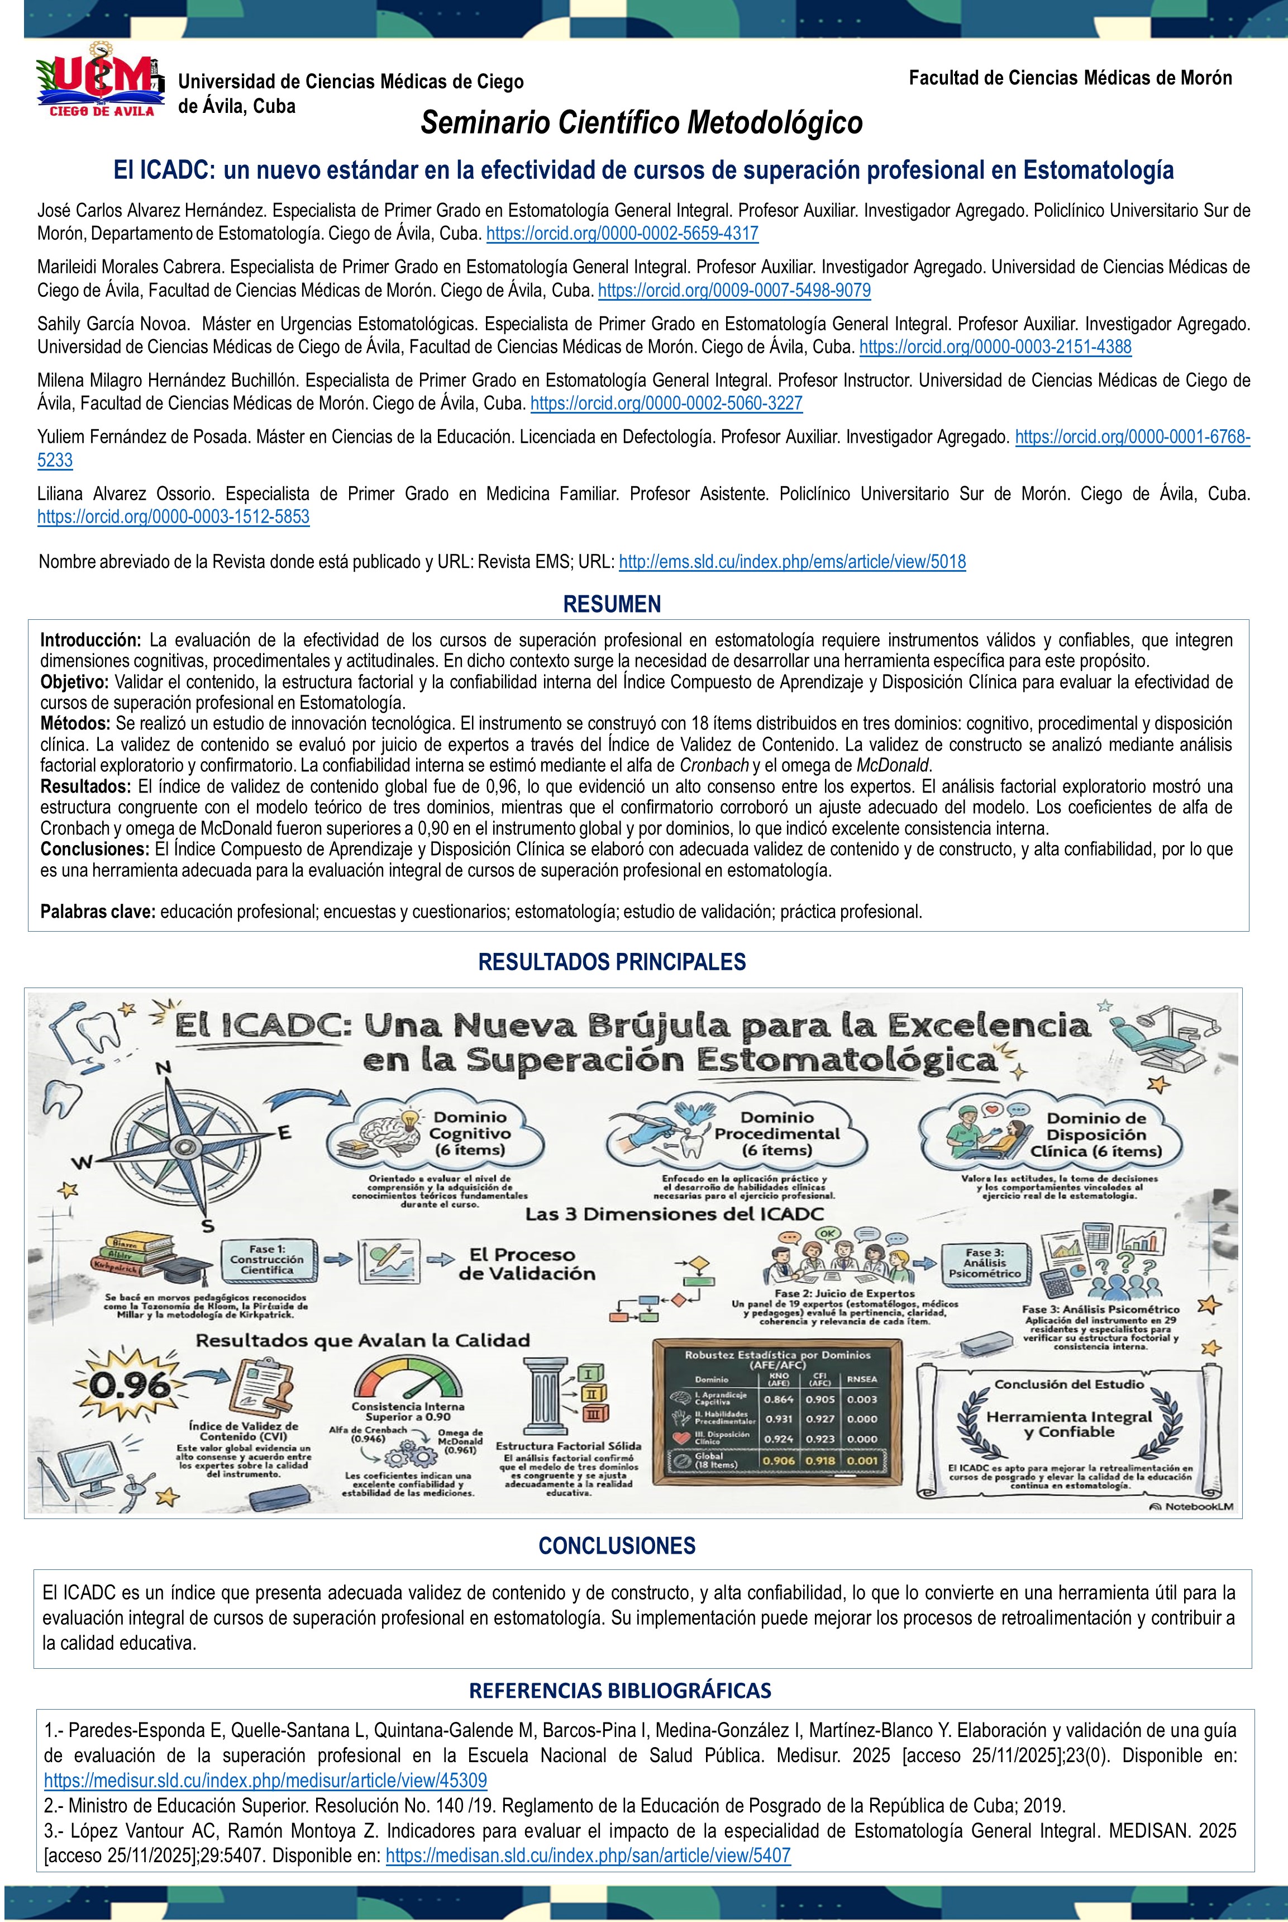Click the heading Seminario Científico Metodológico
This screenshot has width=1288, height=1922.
[642, 124]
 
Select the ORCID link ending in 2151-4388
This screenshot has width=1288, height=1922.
[995, 347]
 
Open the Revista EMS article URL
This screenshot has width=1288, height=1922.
[792, 562]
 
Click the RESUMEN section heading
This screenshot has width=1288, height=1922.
[612, 604]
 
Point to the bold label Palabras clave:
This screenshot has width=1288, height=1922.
[98, 912]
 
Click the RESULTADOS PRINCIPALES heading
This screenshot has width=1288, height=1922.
[612, 962]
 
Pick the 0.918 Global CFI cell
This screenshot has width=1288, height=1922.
[820, 1460]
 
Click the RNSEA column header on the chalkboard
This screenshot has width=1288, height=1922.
[862, 1379]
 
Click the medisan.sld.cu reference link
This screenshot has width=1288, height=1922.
[588, 1855]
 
